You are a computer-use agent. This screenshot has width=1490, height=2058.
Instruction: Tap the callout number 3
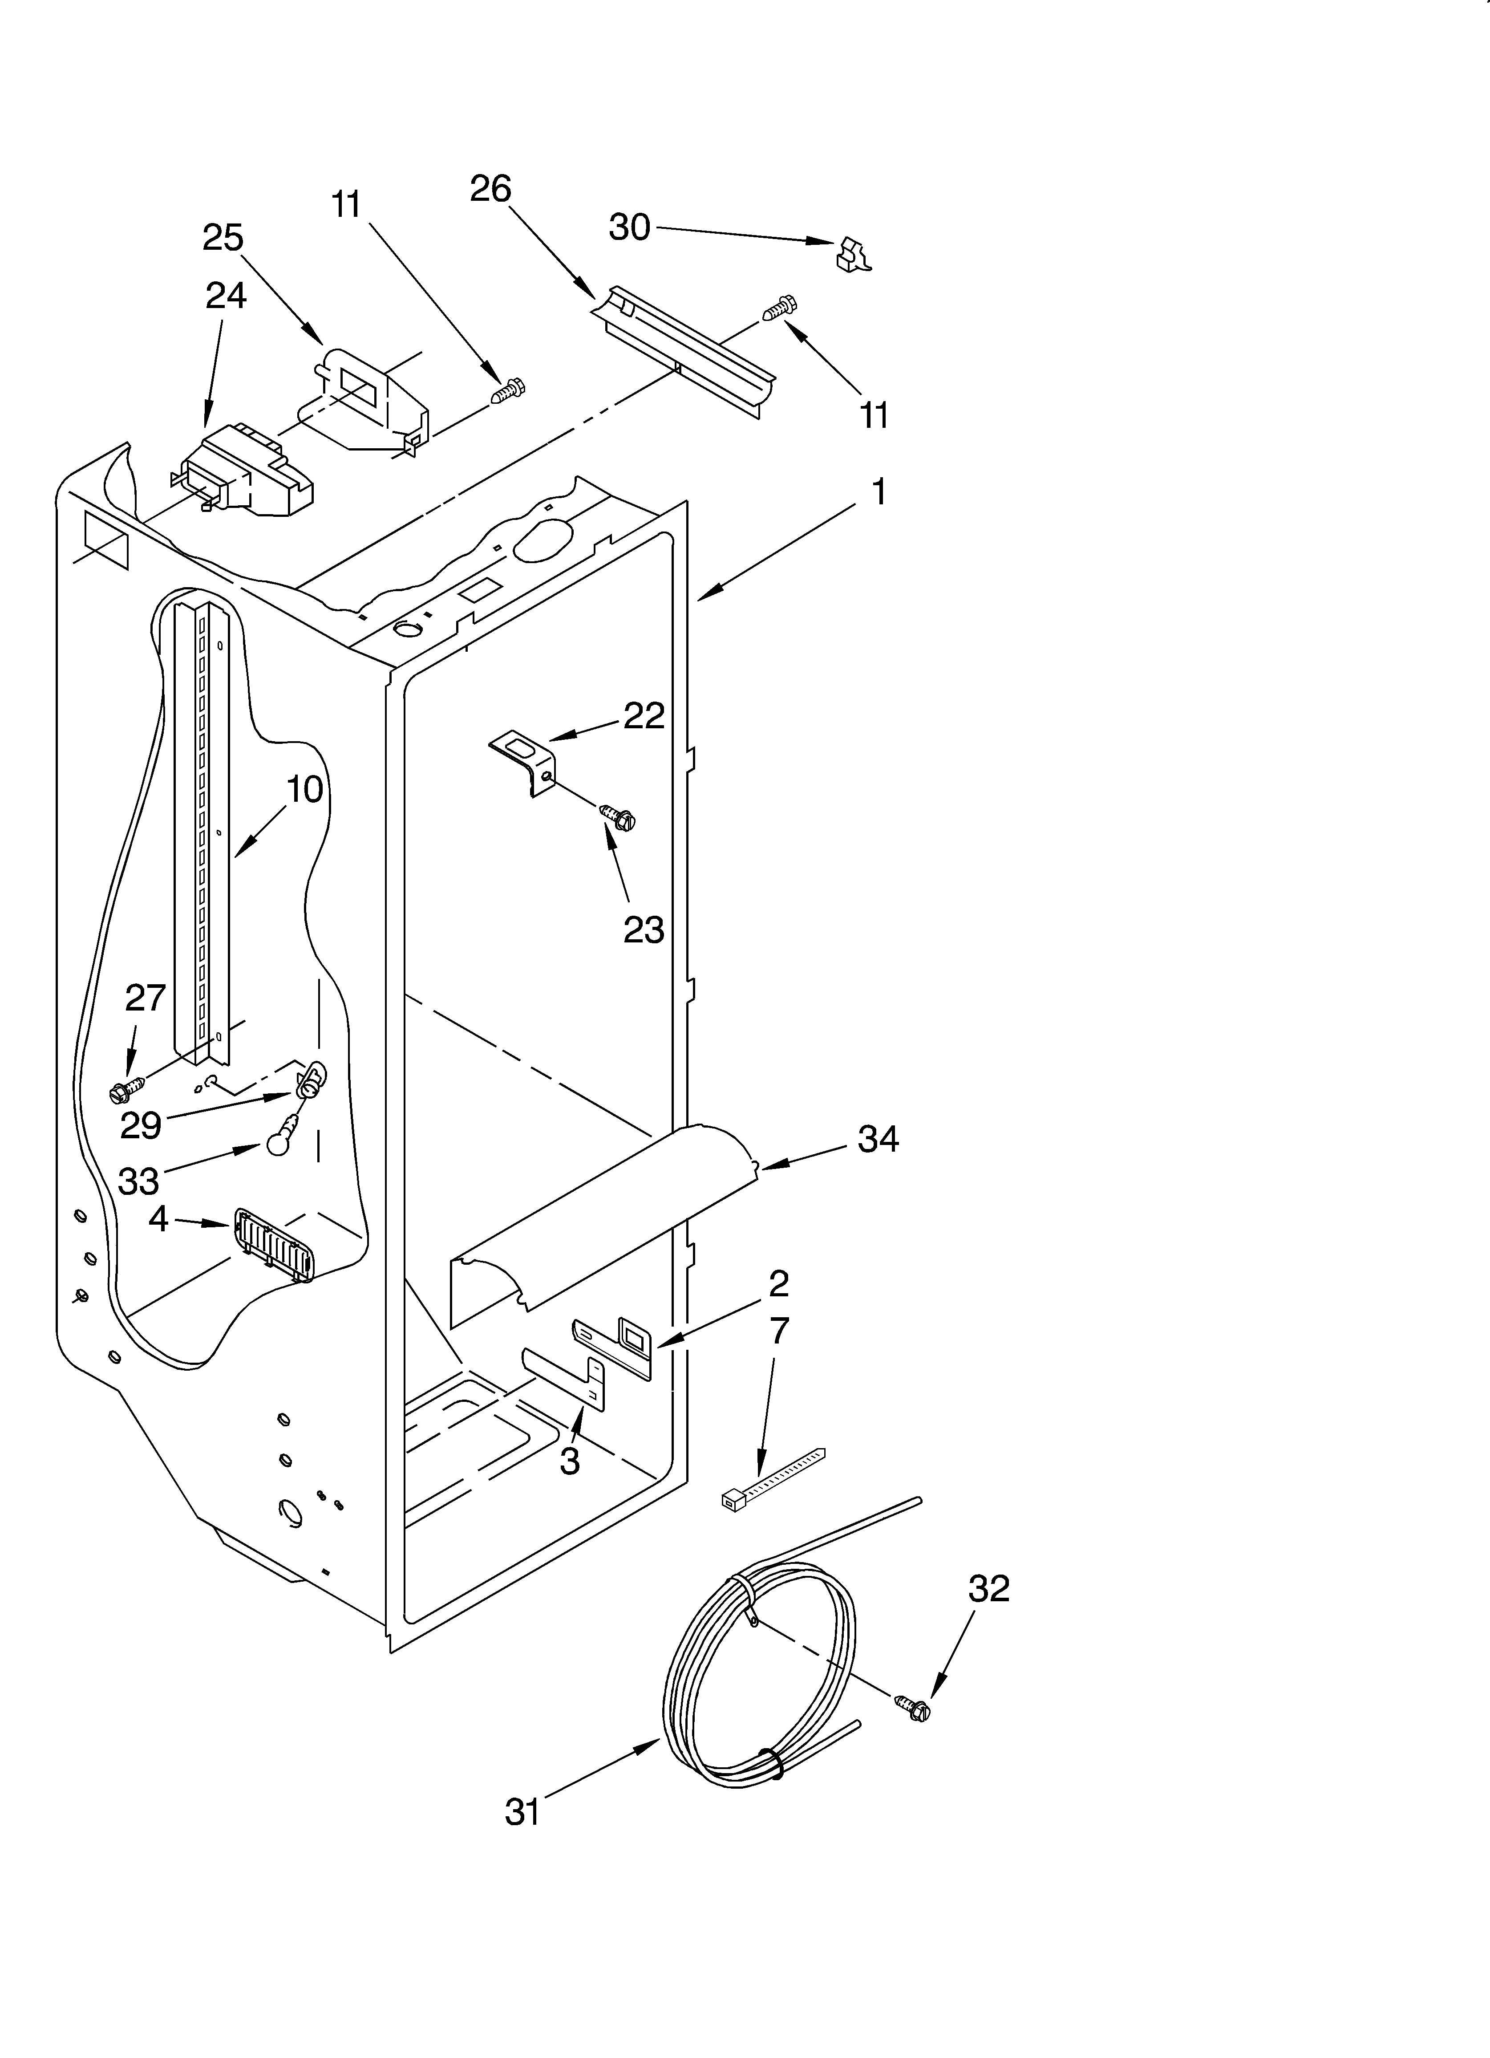tap(569, 1461)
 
